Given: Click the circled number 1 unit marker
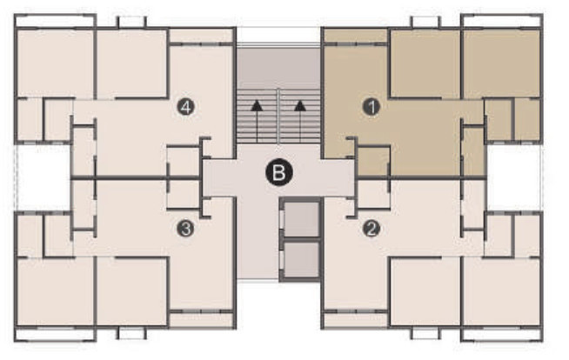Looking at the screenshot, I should (x=372, y=107).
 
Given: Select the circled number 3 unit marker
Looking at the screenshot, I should (x=184, y=229).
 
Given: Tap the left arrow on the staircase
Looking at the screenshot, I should (x=257, y=107).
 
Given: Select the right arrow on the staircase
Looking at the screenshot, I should (x=300, y=107).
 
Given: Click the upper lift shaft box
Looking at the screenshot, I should (x=300, y=221).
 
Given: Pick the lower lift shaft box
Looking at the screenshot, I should (x=300, y=258).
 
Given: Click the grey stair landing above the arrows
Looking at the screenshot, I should (x=278, y=65).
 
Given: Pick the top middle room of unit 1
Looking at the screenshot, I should (x=425, y=63).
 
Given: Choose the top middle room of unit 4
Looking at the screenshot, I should (x=131, y=63).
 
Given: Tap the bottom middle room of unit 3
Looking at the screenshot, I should (x=131, y=292).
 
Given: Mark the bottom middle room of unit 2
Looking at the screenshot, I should (x=425, y=292).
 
